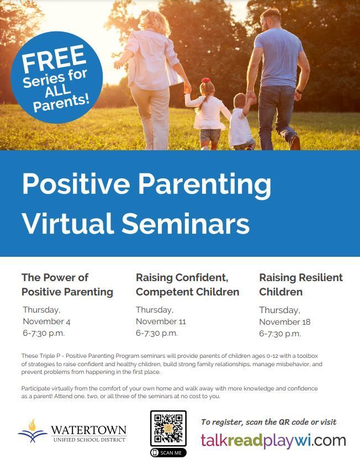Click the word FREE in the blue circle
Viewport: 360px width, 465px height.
point(54,58)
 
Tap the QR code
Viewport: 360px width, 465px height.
point(168,429)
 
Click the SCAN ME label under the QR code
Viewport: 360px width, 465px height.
point(168,452)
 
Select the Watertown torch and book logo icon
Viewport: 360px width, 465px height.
point(33,431)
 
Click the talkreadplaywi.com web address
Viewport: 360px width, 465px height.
point(273,440)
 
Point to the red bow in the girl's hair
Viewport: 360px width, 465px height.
point(206,80)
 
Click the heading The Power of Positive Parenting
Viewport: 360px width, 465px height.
point(67,285)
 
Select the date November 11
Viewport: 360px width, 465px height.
point(161,321)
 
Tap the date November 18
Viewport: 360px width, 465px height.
point(285,322)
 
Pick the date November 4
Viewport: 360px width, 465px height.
point(46,321)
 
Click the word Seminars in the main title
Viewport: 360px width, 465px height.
point(186,223)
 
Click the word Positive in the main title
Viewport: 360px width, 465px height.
point(76,184)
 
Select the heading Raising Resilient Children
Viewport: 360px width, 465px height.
point(301,285)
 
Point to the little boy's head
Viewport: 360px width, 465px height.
point(239,101)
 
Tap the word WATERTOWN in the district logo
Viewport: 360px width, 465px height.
point(89,430)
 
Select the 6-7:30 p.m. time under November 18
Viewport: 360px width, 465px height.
point(280,334)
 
